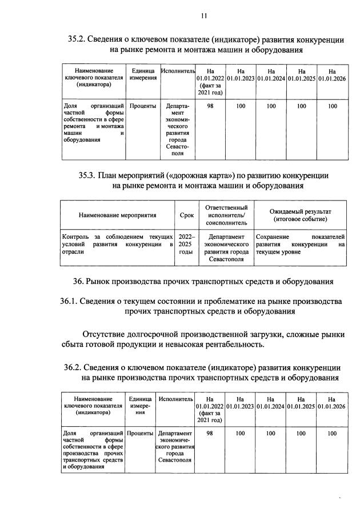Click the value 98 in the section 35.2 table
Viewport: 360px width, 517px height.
tap(210, 106)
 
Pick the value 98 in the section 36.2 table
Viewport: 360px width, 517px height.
tap(210, 434)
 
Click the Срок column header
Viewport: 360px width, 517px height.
tap(186, 215)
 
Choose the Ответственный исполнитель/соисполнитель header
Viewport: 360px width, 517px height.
tap(225, 215)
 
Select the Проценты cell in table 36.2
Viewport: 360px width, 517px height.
tap(140, 434)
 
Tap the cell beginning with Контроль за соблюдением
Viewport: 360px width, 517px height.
tap(117, 243)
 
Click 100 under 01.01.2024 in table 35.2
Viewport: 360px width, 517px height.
tap(271, 106)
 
